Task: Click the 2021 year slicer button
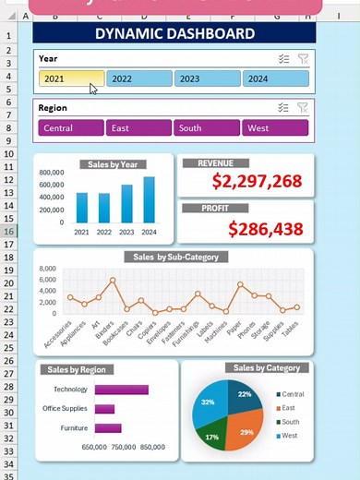[x=71, y=79]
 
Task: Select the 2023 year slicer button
[x=208, y=79]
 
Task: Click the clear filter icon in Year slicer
[x=303, y=58]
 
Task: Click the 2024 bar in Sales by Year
[x=149, y=201]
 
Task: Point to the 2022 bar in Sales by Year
[x=104, y=210]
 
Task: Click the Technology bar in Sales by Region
[x=121, y=390]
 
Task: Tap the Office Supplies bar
[x=104, y=409]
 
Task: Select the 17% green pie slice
[x=213, y=435]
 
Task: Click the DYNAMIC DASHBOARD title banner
[x=174, y=34]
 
